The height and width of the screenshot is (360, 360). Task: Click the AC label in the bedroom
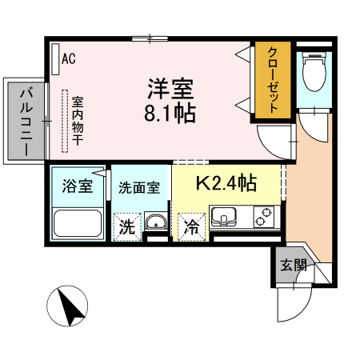point(69,58)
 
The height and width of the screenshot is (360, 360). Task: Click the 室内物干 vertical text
point(78,120)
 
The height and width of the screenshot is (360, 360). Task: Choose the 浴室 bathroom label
point(78,186)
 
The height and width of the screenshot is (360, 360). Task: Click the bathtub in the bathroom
point(77,222)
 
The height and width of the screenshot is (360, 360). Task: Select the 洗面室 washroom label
point(139,189)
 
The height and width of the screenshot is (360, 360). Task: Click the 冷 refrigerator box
point(192,226)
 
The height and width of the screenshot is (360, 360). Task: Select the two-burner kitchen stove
point(263,216)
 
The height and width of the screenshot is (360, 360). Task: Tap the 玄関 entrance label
point(293,266)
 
